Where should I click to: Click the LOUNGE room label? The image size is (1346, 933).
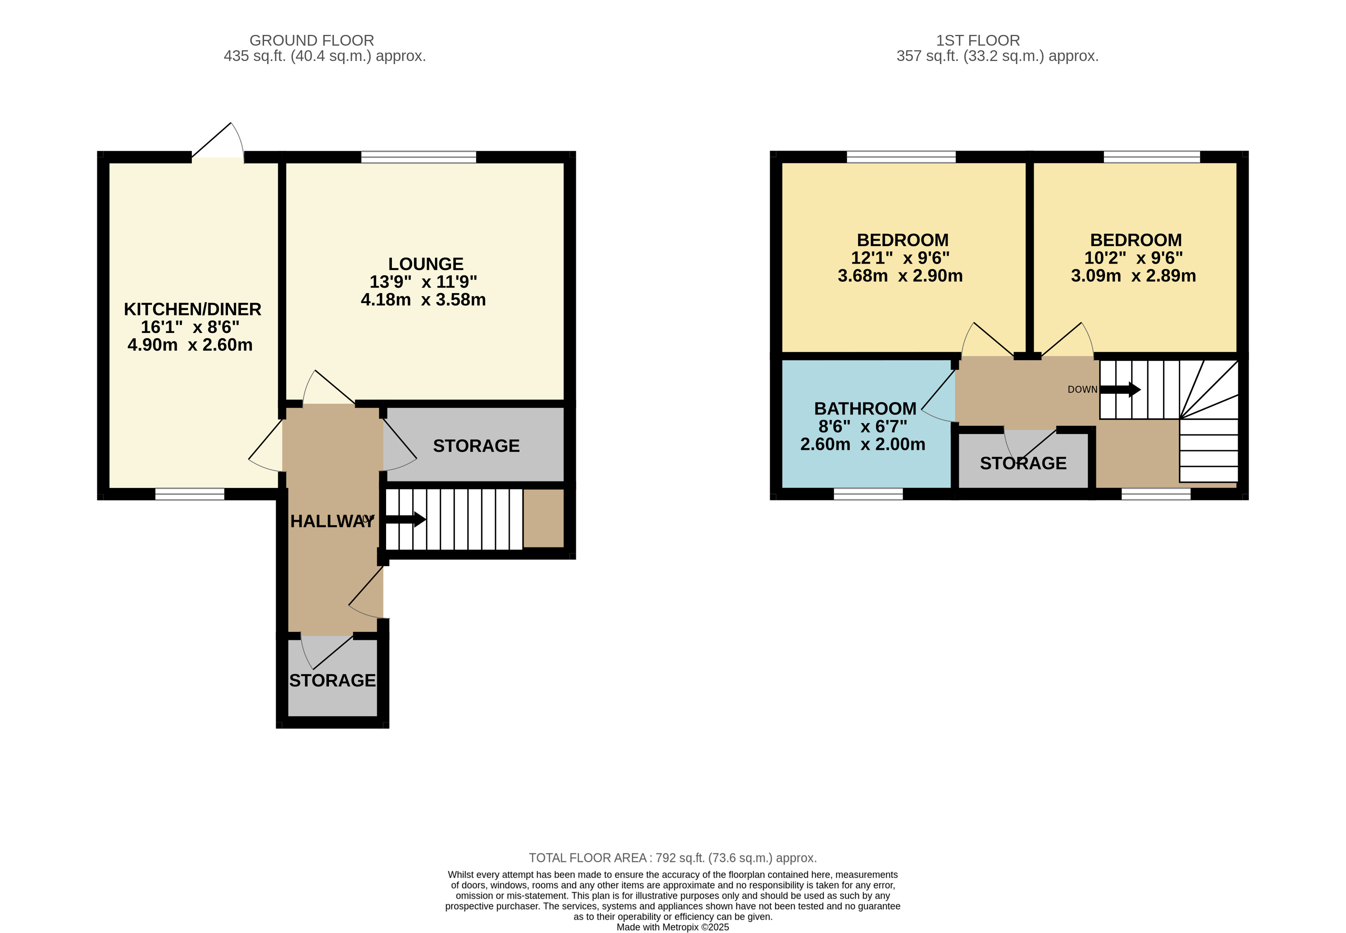coord(425,264)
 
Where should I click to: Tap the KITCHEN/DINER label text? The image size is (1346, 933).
coord(192,309)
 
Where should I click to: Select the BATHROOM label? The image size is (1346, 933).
coord(865,409)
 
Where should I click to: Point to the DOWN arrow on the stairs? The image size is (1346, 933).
coord(1119,389)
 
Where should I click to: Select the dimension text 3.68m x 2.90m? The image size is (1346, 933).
coord(900,276)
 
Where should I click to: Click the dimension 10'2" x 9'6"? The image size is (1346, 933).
coord(1133,258)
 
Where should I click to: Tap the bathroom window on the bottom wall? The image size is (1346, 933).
coord(868,495)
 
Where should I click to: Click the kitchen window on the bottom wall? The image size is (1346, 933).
coord(190,495)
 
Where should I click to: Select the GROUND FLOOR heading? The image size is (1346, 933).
coord(312,40)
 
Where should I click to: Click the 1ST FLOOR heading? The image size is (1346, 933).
coord(978,40)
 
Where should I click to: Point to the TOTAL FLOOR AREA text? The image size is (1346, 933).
coord(672,857)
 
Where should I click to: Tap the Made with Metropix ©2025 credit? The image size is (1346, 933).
coord(672,926)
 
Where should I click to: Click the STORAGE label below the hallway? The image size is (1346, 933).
coord(332,681)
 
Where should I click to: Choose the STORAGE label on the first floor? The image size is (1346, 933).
coord(1023,463)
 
